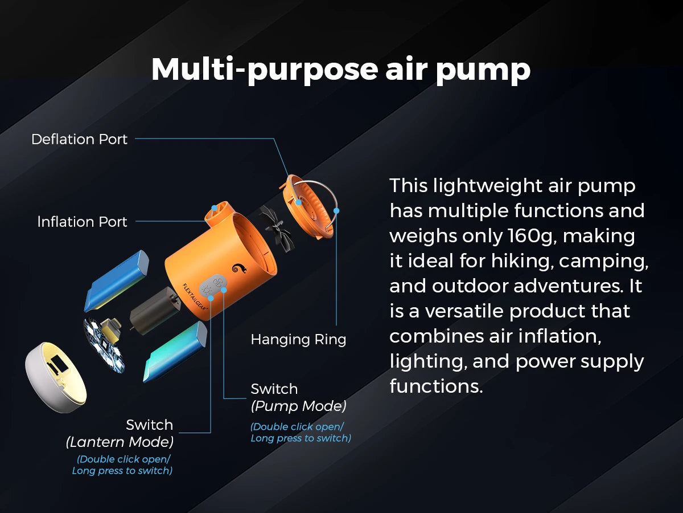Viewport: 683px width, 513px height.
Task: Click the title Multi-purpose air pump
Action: [340, 70]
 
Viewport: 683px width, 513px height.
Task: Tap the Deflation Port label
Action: [79, 139]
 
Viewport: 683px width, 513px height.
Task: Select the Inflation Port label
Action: [82, 222]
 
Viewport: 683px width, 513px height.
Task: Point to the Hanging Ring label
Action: [298, 340]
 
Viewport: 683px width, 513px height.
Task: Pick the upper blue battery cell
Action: [117, 280]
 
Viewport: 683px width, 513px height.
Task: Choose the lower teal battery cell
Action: [176, 352]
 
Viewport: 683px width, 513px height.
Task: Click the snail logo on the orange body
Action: [237, 267]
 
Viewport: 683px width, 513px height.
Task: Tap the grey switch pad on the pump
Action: [215, 284]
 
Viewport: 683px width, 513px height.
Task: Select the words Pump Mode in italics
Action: [298, 406]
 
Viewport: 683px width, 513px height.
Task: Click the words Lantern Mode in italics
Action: [120, 442]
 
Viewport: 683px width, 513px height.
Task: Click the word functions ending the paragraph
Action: [435, 386]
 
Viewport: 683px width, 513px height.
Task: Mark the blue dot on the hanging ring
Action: [336, 210]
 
